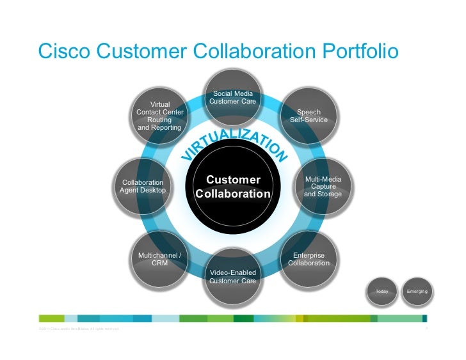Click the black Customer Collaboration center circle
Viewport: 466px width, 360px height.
pyautogui.click(x=233, y=187)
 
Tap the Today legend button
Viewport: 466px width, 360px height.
pyautogui.click(x=382, y=292)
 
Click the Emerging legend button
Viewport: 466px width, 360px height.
pyautogui.click(x=417, y=292)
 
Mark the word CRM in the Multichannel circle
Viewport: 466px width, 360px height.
pyautogui.click(x=159, y=263)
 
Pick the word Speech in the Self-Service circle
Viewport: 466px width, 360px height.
pyautogui.click(x=309, y=112)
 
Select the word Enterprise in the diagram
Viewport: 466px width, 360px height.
pyautogui.click(x=309, y=255)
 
